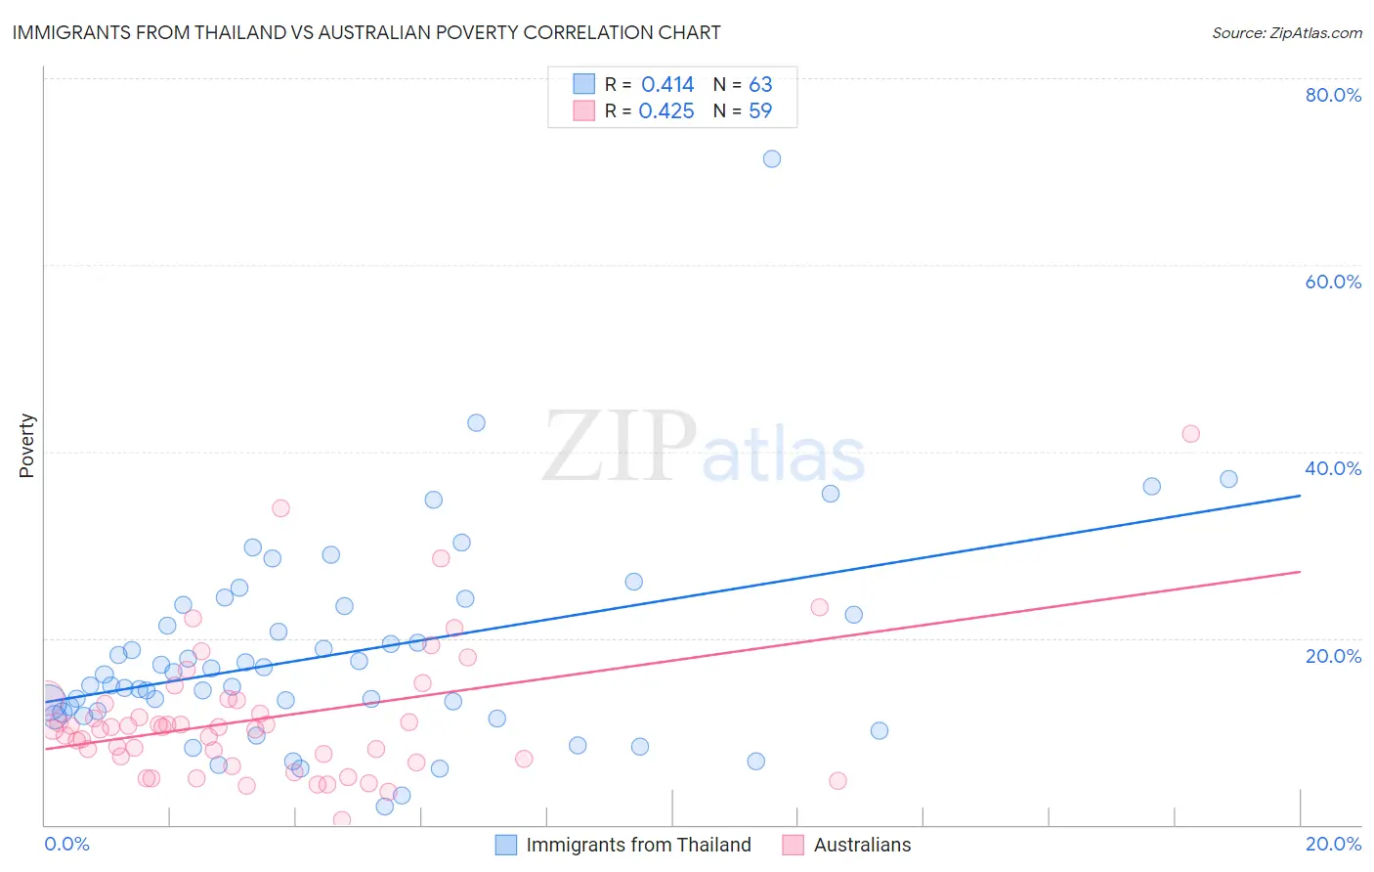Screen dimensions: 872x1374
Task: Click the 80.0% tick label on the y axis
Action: pyautogui.click(x=1333, y=95)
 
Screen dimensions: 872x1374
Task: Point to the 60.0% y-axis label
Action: pyautogui.click(x=1333, y=282)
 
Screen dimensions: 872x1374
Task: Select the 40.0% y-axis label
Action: pyautogui.click(x=1333, y=468)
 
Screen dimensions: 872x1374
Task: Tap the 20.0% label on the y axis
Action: pyautogui.click(x=1333, y=656)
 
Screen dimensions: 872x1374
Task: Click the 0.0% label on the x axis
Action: pyautogui.click(x=66, y=844)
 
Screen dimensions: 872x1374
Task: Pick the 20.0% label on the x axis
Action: pyautogui.click(x=1333, y=844)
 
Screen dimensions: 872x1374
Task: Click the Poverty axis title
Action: pyautogui.click(x=26, y=446)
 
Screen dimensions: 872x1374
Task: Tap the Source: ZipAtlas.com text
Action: pyautogui.click(x=1286, y=32)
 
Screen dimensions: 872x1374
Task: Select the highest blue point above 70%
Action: pyautogui.click(x=772, y=158)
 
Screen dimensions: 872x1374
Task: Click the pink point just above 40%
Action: pyautogui.click(x=1190, y=434)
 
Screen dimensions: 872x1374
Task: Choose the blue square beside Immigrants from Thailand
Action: pyautogui.click(x=505, y=845)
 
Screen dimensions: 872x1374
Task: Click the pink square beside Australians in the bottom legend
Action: pyautogui.click(x=793, y=845)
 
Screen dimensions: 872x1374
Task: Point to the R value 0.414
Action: pyautogui.click(x=667, y=85)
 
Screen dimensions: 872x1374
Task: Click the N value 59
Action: pyautogui.click(x=760, y=111)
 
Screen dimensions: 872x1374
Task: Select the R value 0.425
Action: pyautogui.click(x=666, y=111)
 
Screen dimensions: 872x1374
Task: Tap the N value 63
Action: pyautogui.click(x=760, y=85)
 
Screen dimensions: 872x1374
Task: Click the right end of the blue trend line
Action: pyautogui.click(x=1300, y=496)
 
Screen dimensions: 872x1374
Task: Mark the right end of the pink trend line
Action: pyautogui.click(x=1300, y=571)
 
